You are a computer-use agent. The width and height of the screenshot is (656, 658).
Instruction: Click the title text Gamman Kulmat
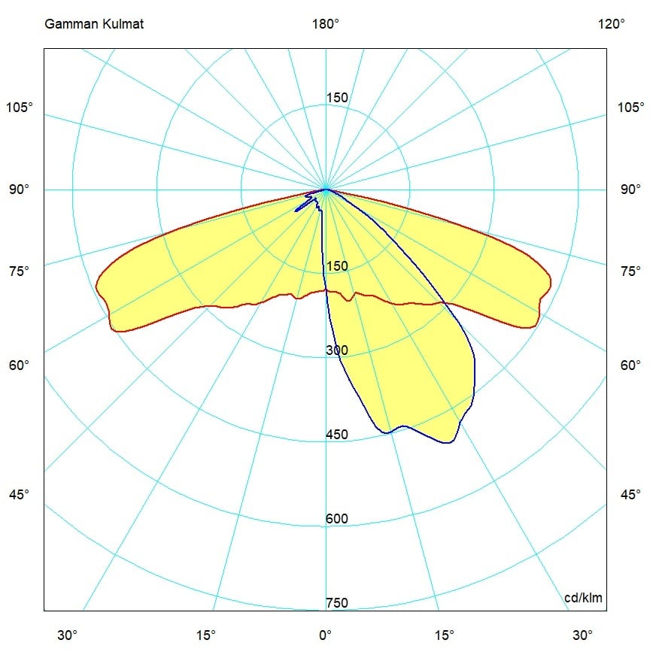[x=94, y=24]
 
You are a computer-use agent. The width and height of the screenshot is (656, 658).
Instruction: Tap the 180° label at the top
[x=326, y=24]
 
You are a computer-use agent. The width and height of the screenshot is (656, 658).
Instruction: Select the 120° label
[x=612, y=24]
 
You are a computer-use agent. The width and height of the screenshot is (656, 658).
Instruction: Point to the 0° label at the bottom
[x=325, y=635]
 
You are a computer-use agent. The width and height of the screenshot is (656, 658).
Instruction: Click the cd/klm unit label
[x=584, y=598]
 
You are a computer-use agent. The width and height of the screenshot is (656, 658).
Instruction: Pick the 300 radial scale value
[x=337, y=350]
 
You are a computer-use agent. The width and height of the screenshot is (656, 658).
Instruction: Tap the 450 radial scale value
[x=337, y=435]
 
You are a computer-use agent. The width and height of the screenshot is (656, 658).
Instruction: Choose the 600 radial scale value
[x=337, y=519]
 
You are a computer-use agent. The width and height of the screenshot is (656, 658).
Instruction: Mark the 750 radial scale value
[x=337, y=603]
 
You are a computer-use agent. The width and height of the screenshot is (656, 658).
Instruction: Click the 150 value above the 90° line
[x=337, y=98]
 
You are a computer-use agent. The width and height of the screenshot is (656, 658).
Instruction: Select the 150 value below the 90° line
[x=337, y=266]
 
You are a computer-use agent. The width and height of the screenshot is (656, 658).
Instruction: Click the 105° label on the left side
[x=20, y=107]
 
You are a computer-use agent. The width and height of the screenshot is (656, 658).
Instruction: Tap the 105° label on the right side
[x=631, y=107]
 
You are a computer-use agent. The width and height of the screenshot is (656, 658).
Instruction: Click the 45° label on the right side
[x=631, y=494]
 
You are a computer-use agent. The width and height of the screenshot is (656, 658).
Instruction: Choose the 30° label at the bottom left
[x=67, y=635]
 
